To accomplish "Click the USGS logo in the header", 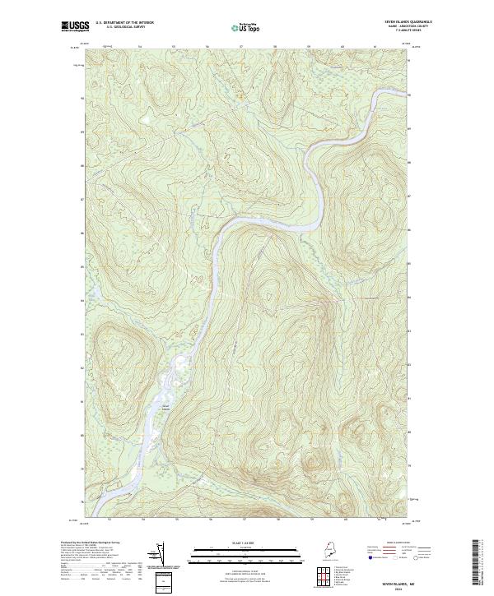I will click(75, 26).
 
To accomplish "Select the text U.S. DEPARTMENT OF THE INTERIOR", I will click(124, 22).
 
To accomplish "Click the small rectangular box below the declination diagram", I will click(164, 580).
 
